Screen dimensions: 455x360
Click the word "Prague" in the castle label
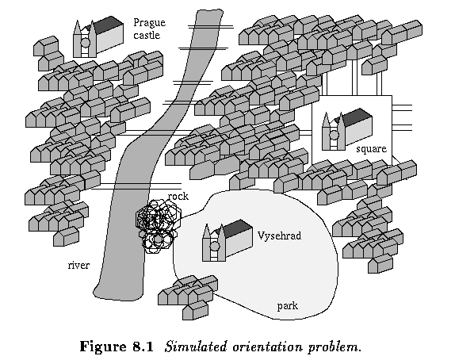click(x=150, y=23)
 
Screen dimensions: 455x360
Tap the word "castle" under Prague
click(x=147, y=35)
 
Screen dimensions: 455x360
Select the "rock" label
click(x=178, y=197)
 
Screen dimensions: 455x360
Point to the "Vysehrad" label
click(x=280, y=236)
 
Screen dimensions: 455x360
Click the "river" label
click(x=78, y=265)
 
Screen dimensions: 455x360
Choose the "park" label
click(x=288, y=306)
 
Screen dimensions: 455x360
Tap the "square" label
click(x=372, y=149)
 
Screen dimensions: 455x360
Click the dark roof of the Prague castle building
click(x=109, y=24)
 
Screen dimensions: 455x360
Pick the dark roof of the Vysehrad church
click(x=238, y=227)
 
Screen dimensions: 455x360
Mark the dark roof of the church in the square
click(x=358, y=116)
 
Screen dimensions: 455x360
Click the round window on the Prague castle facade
click(x=85, y=43)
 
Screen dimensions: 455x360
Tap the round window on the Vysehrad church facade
click(x=215, y=247)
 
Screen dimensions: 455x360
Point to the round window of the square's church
click(x=334, y=135)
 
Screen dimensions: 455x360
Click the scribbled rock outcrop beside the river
click(x=159, y=225)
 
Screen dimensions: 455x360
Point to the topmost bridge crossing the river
click(x=211, y=27)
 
